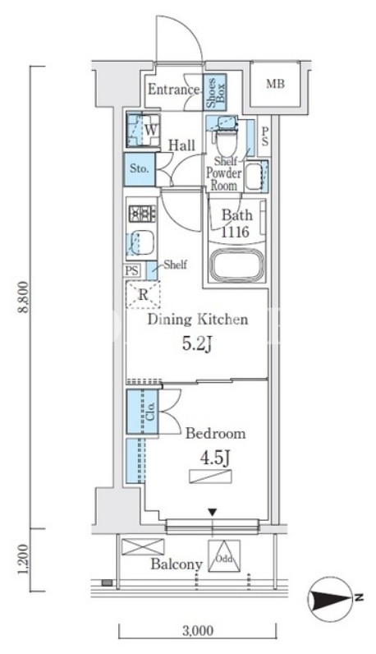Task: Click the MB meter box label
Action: pos(276,84)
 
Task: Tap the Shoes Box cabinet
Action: pos(214,92)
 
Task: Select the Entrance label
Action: pos(173,90)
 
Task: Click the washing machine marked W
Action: pos(143,130)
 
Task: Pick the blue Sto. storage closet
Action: pos(140,169)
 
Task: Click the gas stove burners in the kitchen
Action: pos(142,214)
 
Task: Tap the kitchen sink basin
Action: pos(143,242)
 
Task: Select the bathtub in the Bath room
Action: pos(237,265)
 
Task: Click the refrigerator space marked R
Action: pos(143,294)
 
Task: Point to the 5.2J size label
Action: pos(198,345)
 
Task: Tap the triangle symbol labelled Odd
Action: pos(225,555)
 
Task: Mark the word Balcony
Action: pos(177,564)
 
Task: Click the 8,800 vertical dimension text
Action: pos(25,297)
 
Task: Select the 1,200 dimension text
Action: pos(25,559)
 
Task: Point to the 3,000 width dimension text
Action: pos(198,630)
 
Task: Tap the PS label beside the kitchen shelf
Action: pos(132,270)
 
